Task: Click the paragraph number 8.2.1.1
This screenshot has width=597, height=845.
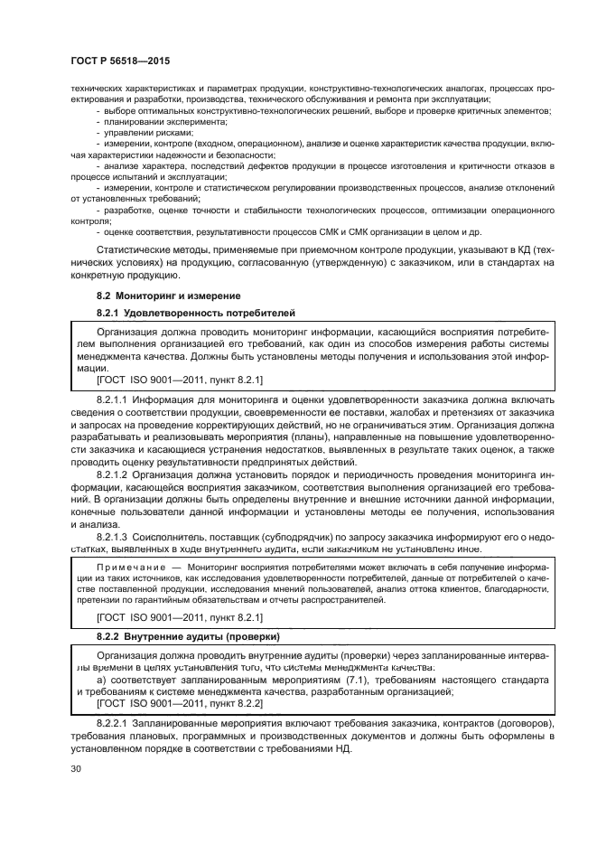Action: (114, 398)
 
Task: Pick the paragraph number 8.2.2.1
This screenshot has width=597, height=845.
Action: (114, 725)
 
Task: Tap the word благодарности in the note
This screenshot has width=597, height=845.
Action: (518, 588)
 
